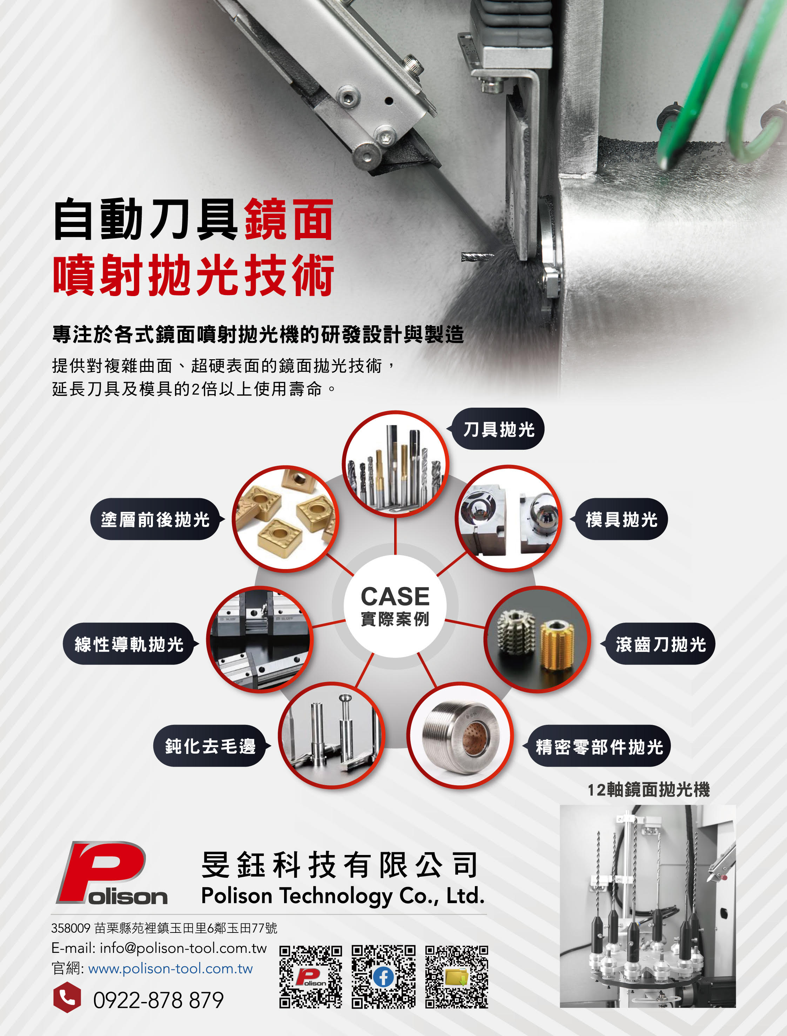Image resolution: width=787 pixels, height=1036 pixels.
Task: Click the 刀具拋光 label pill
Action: pyautogui.click(x=498, y=429)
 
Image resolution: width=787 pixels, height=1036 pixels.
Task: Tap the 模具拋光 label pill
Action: pyautogui.click(x=621, y=520)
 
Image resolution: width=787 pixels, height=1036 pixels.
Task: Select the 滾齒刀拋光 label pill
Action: pyautogui.click(x=660, y=644)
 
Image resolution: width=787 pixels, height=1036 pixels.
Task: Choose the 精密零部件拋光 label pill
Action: pyautogui.click(x=599, y=747)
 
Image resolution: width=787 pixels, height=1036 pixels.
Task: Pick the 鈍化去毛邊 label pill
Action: pyautogui.click(x=210, y=746)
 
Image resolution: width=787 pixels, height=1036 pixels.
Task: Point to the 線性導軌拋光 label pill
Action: pyautogui.click(x=129, y=644)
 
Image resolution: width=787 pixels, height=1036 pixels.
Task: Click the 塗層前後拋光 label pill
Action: pyautogui.click(x=155, y=520)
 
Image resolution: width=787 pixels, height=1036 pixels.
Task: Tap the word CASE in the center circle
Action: pyautogui.click(x=395, y=596)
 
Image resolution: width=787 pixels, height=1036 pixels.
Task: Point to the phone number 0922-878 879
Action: pyautogui.click(x=158, y=1000)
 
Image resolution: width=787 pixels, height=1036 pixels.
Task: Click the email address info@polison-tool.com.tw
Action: pyautogui.click(x=183, y=948)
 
